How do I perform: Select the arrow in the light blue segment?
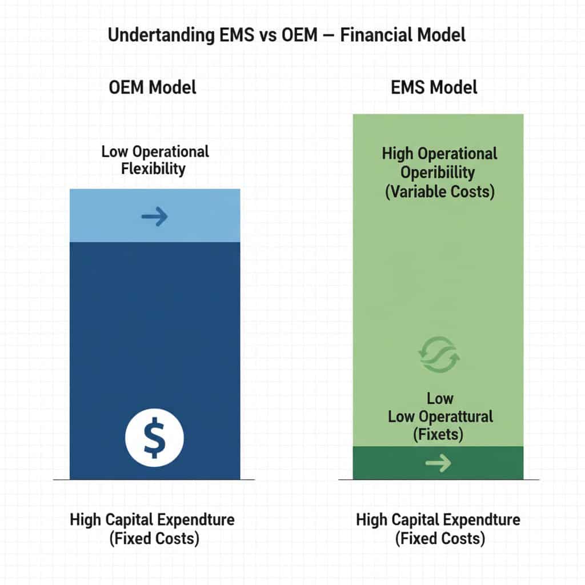tap(154, 217)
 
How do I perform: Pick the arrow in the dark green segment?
tap(438, 463)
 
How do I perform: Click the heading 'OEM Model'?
tap(153, 87)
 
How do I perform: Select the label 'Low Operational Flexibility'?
tap(155, 160)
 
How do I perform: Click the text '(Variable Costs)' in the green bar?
tap(439, 191)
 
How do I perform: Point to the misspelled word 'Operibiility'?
tap(438, 173)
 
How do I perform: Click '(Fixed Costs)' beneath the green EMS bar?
tap(438, 539)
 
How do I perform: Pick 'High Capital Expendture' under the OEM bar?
tap(153, 520)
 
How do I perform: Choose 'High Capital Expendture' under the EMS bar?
tap(438, 520)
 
